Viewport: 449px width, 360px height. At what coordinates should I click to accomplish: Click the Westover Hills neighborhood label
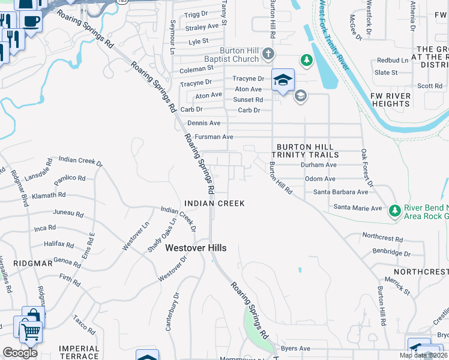pos(196,247)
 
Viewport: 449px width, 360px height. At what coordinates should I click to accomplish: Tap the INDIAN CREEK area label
pos(214,203)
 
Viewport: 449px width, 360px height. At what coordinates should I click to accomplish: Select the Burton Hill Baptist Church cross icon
pos(268,55)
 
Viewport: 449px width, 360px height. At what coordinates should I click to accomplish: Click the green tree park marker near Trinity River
pos(307,60)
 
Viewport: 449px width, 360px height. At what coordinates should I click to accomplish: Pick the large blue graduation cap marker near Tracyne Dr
pos(283,79)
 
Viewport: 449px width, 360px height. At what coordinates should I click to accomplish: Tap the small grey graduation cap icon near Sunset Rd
pos(300,95)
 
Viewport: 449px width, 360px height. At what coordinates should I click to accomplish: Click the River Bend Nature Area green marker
pos(394,211)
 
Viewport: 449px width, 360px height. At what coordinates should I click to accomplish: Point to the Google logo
pos(20,353)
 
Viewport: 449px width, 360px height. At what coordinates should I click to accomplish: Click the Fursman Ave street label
pos(214,137)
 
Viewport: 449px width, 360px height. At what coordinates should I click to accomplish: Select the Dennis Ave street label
pos(204,122)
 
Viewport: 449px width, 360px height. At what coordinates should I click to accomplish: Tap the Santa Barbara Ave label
pos(341,192)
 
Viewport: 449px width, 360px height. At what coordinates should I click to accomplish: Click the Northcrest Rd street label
pos(382,238)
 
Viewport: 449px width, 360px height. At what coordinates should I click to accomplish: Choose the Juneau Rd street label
pos(68,213)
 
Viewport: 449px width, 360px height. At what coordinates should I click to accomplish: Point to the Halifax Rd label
pos(59,245)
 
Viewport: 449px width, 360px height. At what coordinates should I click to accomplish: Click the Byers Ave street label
pos(295,348)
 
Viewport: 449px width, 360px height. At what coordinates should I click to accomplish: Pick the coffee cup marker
pos(31,20)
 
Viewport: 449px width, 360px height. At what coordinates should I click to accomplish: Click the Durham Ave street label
pos(319,164)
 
